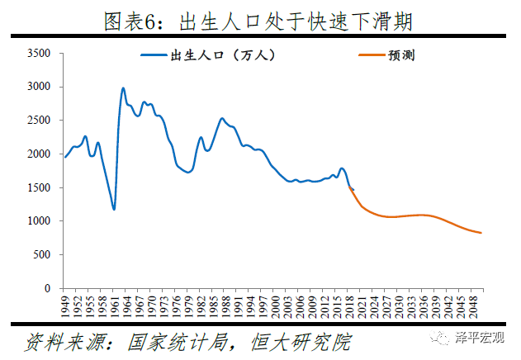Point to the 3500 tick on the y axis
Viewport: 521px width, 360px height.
[40, 54]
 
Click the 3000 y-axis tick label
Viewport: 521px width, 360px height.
[40, 87]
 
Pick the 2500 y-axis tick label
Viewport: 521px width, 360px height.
[40, 121]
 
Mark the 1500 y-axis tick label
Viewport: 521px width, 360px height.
[40, 188]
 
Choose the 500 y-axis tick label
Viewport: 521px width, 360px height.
[43, 255]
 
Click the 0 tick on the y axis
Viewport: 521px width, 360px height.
[49, 289]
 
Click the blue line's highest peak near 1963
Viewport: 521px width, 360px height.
[123, 88]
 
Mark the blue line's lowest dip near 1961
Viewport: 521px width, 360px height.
[114, 209]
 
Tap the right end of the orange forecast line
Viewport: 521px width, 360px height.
[481, 233]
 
